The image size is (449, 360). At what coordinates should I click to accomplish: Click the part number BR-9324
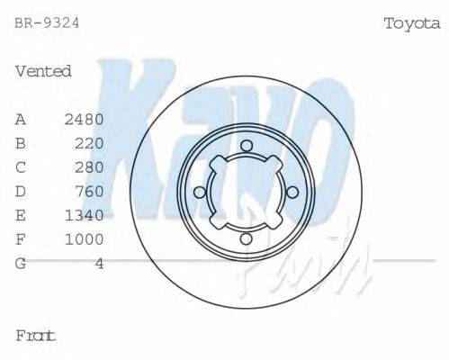(47, 23)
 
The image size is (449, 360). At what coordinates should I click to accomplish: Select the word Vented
(43, 71)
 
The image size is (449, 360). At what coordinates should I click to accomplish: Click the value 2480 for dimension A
(85, 119)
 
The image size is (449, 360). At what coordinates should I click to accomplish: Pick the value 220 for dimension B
(90, 143)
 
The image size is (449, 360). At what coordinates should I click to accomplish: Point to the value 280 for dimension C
(90, 167)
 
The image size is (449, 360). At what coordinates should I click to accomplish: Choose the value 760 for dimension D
(90, 191)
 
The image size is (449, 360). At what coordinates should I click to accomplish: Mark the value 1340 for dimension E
(85, 215)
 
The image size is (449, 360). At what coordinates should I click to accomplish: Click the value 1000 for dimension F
(85, 239)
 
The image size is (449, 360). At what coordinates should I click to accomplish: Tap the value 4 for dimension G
(99, 264)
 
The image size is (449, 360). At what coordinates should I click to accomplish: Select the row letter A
(21, 119)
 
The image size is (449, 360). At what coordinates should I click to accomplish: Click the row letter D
(21, 191)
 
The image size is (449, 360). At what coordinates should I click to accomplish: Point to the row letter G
(21, 264)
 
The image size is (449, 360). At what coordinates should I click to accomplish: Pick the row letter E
(21, 215)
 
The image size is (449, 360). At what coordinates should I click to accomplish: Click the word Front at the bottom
(36, 336)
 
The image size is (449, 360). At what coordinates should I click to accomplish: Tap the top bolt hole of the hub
(246, 146)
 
